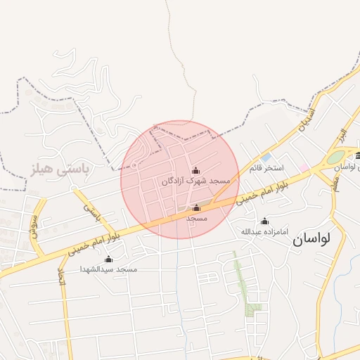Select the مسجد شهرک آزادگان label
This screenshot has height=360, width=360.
coord(191,181)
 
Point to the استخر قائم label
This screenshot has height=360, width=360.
coord(266,168)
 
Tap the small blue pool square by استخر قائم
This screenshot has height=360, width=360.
coord(266,157)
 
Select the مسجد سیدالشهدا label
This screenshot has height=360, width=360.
coord(108,269)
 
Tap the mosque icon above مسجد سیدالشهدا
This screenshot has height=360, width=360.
coord(108,259)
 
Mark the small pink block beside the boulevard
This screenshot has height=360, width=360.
coord(304,168)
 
